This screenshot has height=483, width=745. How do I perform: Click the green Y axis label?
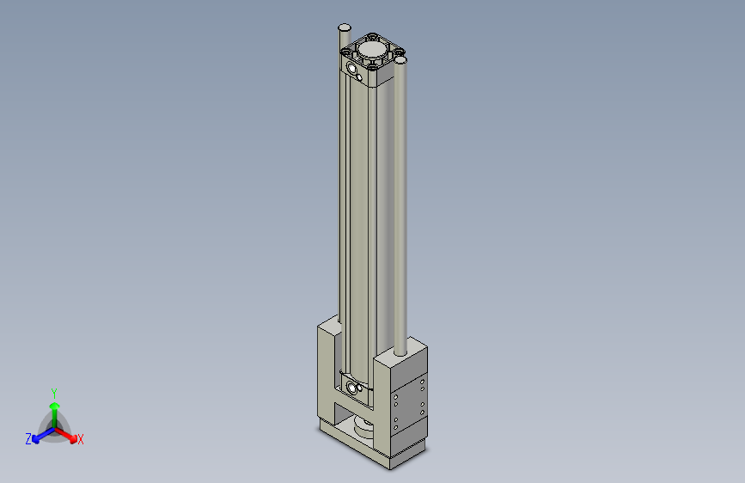[x=54, y=393]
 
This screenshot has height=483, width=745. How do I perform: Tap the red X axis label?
[x=81, y=440]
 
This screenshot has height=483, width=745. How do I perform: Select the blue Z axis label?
[x=28, y=439]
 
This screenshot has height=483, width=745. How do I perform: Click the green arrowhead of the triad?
[x=54, y=405]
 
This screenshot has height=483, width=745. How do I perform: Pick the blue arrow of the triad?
[x=40, y=433]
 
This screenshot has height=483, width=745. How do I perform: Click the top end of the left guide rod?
[x=344, y=28]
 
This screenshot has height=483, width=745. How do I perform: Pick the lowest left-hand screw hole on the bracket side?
[x=395, y=427]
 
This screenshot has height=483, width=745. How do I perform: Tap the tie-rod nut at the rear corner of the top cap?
[x=373, y=36]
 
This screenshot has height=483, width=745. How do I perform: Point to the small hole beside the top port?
[x=359, y=78]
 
